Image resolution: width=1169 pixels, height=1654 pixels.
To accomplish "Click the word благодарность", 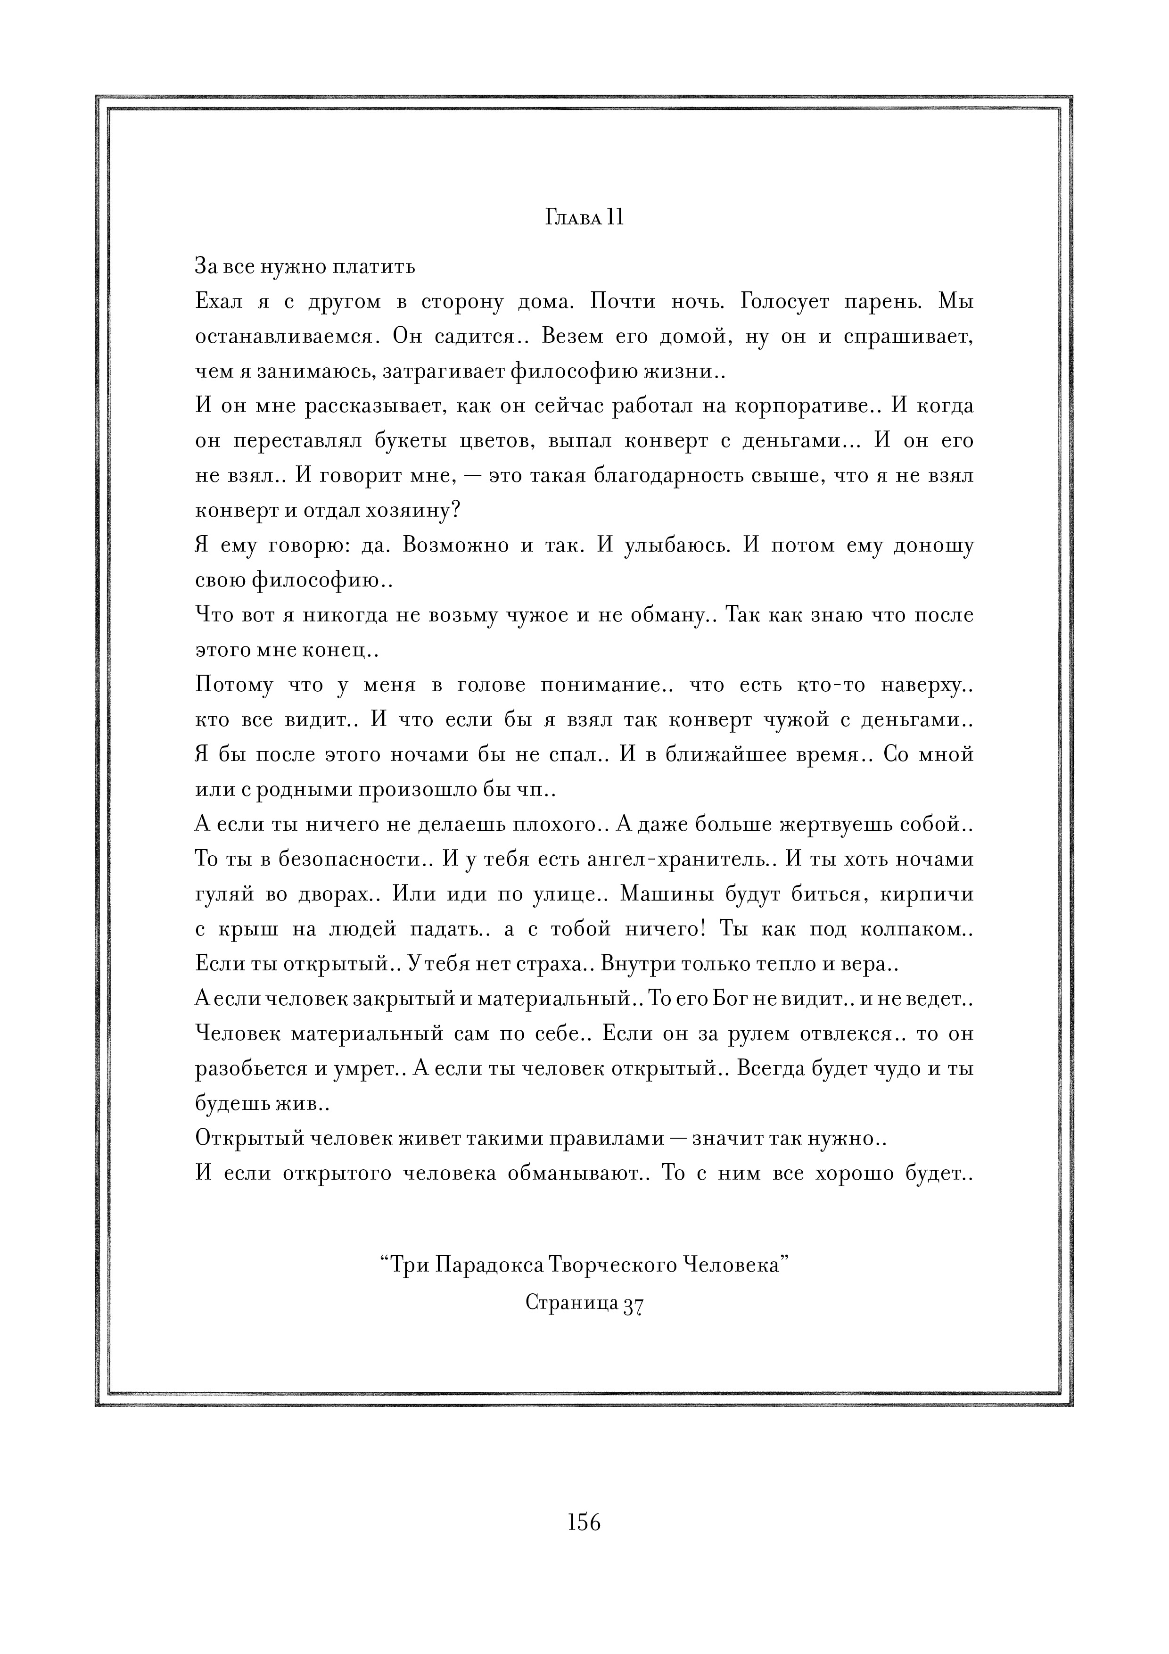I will pyautogui.click(x=660, y=476).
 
